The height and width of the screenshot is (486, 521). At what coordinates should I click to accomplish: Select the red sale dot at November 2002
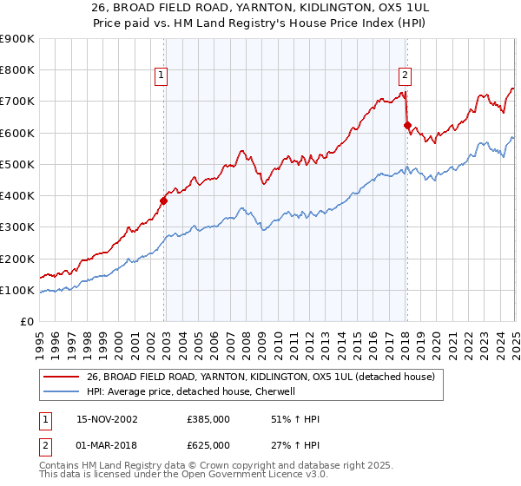coord(163,200)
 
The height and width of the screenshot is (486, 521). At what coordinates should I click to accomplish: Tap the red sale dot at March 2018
coord(406,125)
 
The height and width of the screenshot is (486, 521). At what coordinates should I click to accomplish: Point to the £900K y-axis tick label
coord(17,39)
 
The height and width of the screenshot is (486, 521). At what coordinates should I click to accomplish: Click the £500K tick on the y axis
coord(17,164)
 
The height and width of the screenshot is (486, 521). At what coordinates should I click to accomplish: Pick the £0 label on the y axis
coord(27,321)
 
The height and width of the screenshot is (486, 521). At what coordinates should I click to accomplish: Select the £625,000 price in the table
coord(208,445)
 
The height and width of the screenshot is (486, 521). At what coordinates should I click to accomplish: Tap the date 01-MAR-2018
coord(108,445)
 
